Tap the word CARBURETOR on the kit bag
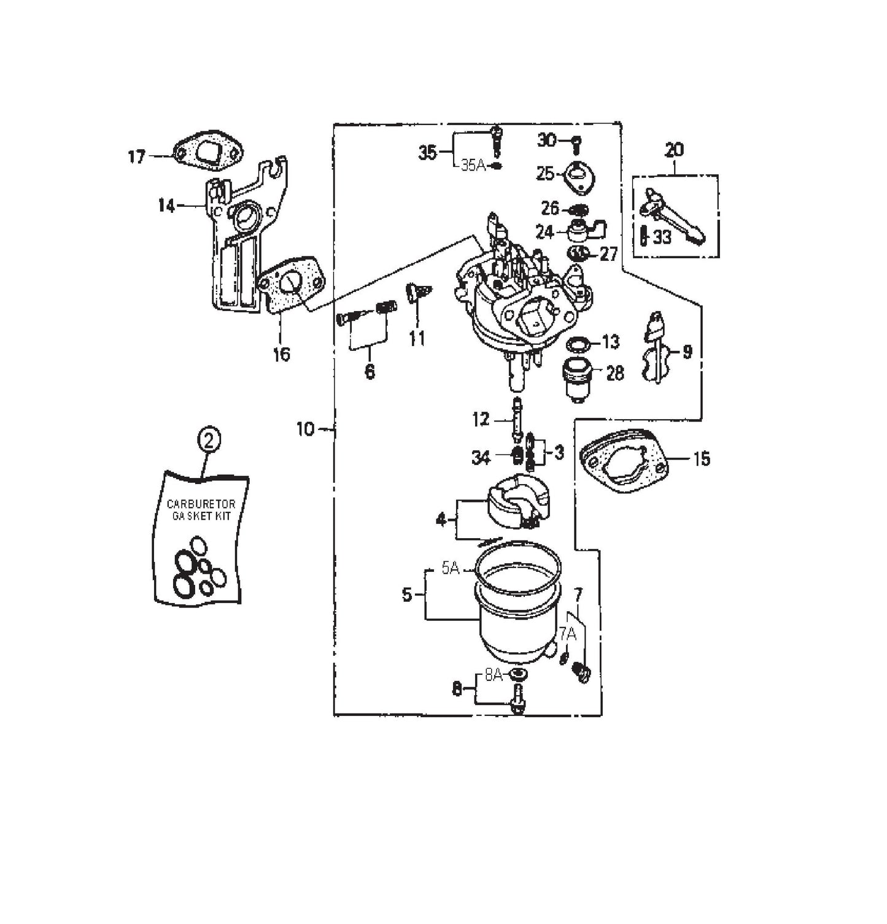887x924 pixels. coord(201,504)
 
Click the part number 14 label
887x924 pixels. coord(166,206)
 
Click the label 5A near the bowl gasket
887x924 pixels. coord(451,569)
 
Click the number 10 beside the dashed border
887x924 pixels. coord(305,429)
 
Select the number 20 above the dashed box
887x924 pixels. coord(673,149)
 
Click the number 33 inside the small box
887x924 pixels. coord(662,237)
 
